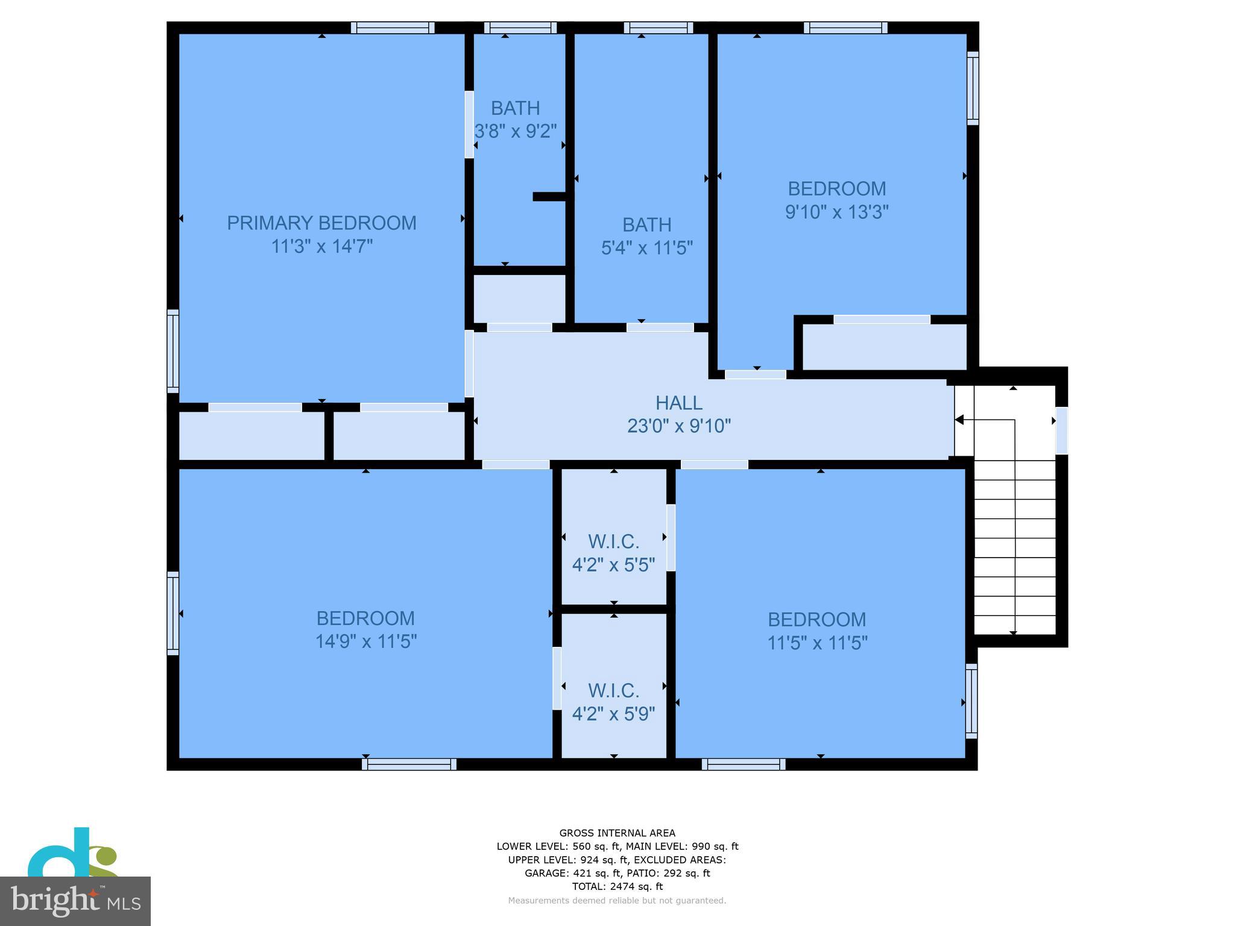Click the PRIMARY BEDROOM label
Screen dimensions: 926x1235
(321, 223)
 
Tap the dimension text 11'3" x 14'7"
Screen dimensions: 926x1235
(321, 247)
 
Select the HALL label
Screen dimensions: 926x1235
(678, 403)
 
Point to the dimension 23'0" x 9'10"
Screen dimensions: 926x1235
(678, 426)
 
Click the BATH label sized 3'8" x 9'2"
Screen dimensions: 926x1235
(515, 108)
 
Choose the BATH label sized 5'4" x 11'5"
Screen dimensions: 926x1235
(646, 225)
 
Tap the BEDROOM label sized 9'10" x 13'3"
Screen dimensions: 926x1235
(836, 189)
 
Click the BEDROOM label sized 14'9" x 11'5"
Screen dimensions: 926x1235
(365, 618)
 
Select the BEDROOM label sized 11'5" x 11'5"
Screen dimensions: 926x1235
(816, 619)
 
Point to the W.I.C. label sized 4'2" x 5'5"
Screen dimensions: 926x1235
(613, 541)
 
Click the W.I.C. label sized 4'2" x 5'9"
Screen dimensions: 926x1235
(613, 690)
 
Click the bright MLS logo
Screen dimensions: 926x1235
(75, 901)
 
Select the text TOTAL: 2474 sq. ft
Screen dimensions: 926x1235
(617, 886)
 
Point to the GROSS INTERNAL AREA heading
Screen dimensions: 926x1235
(617, 833)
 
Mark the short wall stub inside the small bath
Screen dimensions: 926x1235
(549, 197)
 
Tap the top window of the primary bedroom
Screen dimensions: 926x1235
(393, 28)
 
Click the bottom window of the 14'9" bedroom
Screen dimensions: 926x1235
(409, 764)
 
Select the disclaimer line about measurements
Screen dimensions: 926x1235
(617, 901)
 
